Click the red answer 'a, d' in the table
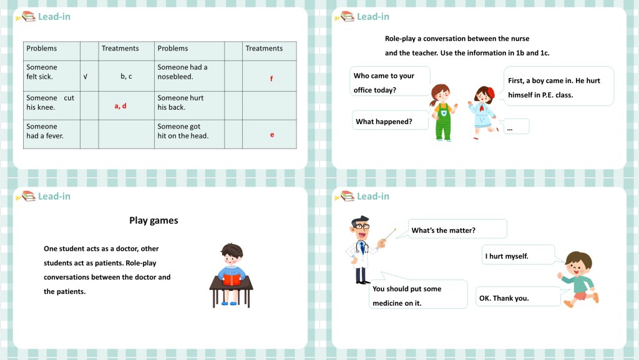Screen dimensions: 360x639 [120, 106]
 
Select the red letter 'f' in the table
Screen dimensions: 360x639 [271, 79]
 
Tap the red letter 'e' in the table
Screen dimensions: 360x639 [272, 135]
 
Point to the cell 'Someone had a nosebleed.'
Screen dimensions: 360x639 [183, 72]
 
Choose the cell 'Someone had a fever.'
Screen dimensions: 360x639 [45, 131]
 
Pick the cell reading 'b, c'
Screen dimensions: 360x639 [126, 77]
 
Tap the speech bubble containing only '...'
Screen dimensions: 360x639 [515, 127]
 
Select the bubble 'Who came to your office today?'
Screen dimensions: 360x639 [390, 82]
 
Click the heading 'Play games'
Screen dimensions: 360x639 [154, 220]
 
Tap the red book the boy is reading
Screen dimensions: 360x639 [232, 280]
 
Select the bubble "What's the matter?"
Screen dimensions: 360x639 [457, 230]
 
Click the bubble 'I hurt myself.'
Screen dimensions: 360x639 [519, 255]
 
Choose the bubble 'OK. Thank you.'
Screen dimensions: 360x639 [518, 298]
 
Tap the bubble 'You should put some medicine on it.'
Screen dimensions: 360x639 [419, 295]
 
